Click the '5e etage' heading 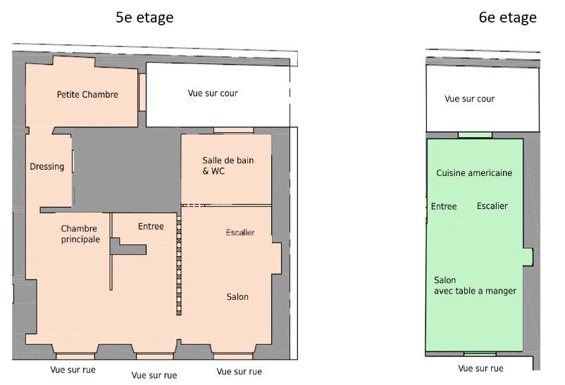tap(144, 18)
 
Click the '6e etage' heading tap(507, 18)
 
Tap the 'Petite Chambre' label tap(87, 94)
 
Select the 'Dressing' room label tap(46, 166)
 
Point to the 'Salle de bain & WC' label tap(228, 165)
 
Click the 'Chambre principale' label tap(80, 234)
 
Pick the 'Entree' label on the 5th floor tap(151, 226)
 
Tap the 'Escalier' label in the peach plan tap(240, 232)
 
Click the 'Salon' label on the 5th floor tap(237, 297)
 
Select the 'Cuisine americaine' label tap(474, 173)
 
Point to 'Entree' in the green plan tap(444, 206)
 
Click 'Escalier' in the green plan tap(492, 206)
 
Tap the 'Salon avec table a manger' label tap(475, 286)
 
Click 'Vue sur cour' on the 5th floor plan tap(213, 94)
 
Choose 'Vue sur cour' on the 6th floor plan tap(469, 99)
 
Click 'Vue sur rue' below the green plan tap(480, 368)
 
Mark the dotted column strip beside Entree tap(179, 265)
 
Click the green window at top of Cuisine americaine tap(475, 135)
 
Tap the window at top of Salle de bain tap(233, 130)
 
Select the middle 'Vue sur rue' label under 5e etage tap(154, 375)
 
